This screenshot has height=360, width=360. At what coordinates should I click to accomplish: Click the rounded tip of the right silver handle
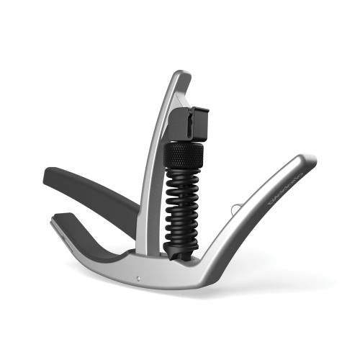[309, 160]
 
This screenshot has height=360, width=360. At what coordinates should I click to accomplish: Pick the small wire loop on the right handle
[234, 208]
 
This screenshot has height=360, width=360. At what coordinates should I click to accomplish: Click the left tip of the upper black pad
[47, 175]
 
